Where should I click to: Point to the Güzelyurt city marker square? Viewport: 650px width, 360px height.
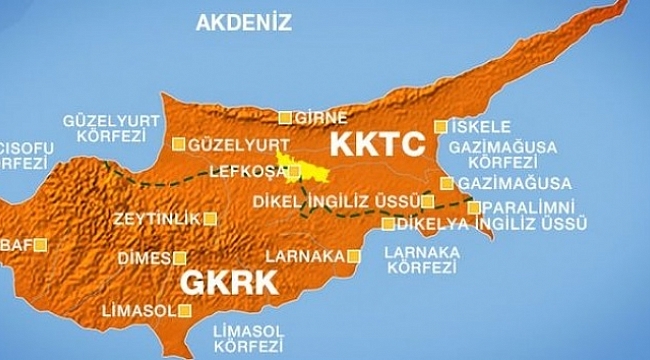click(x=178, y=142)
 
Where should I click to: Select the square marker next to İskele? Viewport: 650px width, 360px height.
click(x=440, y=127)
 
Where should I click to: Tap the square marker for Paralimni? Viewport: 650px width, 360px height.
click(x=474, y=207)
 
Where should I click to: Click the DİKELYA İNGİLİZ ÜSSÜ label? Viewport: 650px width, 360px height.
click(x=488, y=223)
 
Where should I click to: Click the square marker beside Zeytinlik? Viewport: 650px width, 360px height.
click(x=209, y=216)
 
